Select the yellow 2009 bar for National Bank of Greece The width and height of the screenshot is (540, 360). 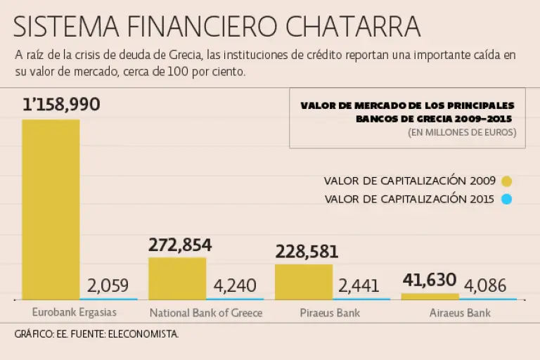click(177, 278)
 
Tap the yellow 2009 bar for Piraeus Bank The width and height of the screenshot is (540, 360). click(303, 281)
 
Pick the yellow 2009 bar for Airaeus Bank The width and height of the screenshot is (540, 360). click(430, 296)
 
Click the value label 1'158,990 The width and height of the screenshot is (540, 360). click(61, 105)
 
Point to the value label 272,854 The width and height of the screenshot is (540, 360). click(180, 245)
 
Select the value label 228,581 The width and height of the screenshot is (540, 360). click(307, 252)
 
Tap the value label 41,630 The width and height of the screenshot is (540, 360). click(430, 281)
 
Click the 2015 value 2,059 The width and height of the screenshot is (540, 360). click(108, 285)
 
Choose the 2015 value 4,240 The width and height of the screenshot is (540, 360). click(235, 285)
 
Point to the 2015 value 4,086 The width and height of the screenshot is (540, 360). click(486, 285)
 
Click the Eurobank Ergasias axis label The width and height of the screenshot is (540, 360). click(75, 311)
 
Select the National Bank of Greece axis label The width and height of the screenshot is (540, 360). click(205, 312)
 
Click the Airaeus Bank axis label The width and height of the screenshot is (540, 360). click(460, 312)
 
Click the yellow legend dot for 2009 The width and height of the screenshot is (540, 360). click(506, 181)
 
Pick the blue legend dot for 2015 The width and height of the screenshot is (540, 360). click(506, 199)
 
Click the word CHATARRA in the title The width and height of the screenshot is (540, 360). click(354, 27)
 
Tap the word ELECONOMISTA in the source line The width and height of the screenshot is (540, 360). click(146, 334)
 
